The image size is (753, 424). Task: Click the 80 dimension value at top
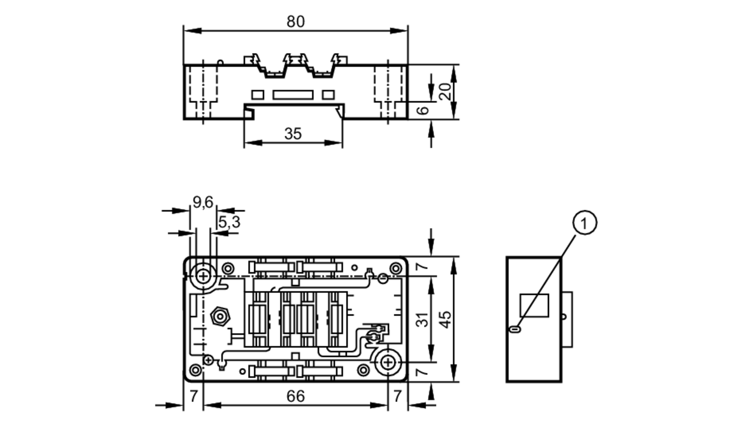coord(295,22)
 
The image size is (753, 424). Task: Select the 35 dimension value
coord(293,134)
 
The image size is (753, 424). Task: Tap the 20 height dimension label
coord(445,91)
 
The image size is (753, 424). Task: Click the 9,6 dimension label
coord(203,202)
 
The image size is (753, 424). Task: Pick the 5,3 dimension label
coord(229,222)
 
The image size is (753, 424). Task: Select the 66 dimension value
coord(295,396)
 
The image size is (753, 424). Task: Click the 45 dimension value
coord(445,319)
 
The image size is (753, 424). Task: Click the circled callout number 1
coord(584,223)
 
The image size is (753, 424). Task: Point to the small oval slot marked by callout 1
coord(515,330)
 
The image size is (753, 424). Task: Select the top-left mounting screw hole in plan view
coord(203,277)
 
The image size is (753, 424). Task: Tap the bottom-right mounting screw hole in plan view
coord(388,363)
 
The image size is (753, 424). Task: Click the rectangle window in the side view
coord(534,305)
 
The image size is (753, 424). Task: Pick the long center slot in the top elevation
coord(293,94)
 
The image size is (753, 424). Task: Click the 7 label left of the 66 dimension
coord(194,396)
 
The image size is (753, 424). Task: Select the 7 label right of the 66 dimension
coord(398,396)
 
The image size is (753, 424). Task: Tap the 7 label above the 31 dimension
coord(423,266)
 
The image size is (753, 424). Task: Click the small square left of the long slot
coord(258,94)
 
